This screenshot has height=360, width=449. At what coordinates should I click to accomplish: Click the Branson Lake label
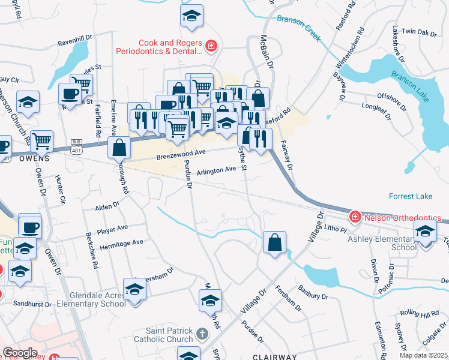pyautogui.click(x=412, y=79)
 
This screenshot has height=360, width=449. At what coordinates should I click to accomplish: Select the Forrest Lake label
pyautogui.click(x=410, y=196)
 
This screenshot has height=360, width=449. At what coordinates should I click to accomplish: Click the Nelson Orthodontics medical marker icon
pyautogui.click(x=355, y=216)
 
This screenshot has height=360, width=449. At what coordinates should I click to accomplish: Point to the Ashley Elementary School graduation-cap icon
pyautogui.click(x=426, y=231)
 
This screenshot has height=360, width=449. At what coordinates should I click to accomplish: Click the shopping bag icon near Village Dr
pyautogui.click(x=274, y=243)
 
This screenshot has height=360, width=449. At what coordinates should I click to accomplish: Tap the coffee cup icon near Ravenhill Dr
pyautogui.click(x=70, y=94)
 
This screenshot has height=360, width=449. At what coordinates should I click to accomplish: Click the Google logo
pyautogui.click(x=20, y=352)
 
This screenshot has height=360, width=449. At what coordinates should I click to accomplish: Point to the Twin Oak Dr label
pyautogui.click(x=418, y=31)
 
